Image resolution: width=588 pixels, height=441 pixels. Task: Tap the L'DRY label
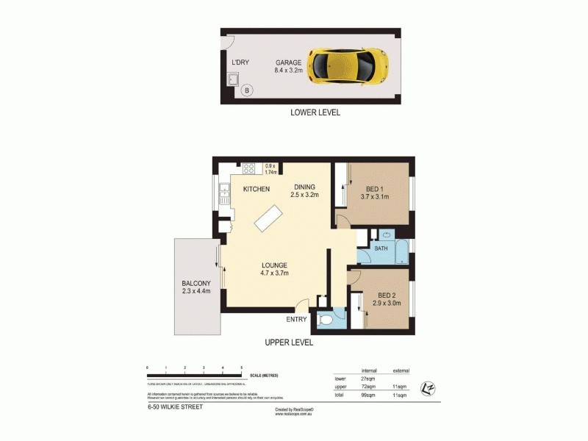[x=240, y=62]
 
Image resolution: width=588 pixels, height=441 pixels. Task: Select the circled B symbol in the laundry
[x=247, y=90]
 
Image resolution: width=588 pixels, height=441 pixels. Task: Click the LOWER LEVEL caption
[x=315, y=113]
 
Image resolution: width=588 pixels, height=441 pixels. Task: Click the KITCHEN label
[x=257, y=190]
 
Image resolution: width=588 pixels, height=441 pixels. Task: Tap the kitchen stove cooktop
[x=249, y=168]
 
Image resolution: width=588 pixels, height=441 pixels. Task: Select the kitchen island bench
[x=269, y=217]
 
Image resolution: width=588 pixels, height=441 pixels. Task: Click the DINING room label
[x=304, y=187]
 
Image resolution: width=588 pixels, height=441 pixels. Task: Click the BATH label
[x=381, y=248]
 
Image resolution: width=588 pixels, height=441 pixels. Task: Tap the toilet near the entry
[x=326, y=318]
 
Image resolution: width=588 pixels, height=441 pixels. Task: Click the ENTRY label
[x=296, y=319]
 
